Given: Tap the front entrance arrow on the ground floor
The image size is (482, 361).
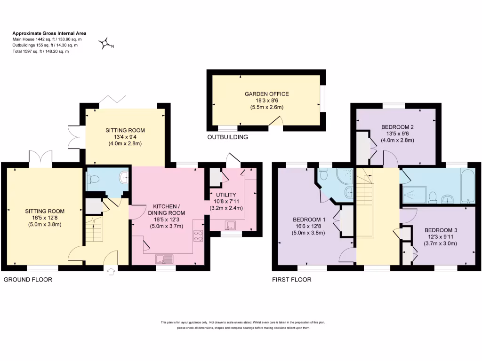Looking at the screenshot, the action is pos(111,271).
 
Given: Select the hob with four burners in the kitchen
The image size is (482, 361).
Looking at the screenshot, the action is pos(198,235).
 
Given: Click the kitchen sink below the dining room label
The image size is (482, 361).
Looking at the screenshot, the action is pos(164,259).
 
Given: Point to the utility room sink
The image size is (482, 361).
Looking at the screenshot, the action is pos(230,226).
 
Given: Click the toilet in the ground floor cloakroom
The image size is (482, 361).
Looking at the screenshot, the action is pos(93,178).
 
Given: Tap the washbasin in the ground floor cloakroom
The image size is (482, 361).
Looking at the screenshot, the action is pos(124,177).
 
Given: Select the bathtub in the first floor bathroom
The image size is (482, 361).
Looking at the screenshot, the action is pos(468,186).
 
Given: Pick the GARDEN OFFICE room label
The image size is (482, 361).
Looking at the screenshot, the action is pos(266,94).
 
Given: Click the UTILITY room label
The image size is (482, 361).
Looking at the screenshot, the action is pos(226,195).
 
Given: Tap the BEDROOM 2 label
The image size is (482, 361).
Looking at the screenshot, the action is pos(397,127).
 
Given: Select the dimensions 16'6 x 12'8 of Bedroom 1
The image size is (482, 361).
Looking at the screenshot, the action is pos(309,226).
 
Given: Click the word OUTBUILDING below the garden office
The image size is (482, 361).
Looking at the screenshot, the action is pos(227,137).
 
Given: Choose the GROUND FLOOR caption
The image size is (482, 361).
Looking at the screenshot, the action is pos(28,280).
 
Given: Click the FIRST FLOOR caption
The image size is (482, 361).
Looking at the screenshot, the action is pos(292,280).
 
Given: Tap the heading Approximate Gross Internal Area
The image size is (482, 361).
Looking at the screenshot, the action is pos(49,33).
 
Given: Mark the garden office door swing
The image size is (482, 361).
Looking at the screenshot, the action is pos(276,121).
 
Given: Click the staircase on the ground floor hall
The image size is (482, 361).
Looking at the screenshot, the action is pos(94,229).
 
